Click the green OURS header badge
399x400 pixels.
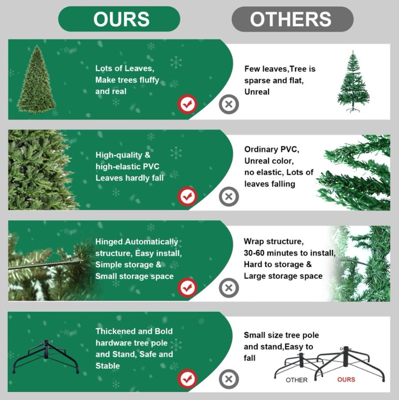(119, 19)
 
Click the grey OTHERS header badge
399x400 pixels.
(292, 19)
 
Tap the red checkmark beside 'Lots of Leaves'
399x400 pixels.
(187, 104)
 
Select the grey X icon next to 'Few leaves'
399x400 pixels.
(229, 104)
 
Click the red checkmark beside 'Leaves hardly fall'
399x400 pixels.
(187, 196)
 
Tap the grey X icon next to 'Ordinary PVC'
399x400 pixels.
(229, 196)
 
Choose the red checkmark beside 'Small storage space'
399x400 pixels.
(187, 288)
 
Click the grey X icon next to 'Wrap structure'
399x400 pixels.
(229, 288)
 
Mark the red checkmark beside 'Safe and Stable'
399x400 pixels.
(187, 379)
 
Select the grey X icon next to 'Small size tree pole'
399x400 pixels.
(229, 379)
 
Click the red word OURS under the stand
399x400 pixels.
(346, 380)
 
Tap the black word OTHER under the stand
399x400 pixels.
(296, 380)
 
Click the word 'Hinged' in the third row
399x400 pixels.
(109, 242)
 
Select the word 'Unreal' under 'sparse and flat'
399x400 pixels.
(257, 92)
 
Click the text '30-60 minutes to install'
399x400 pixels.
(290, 253)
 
